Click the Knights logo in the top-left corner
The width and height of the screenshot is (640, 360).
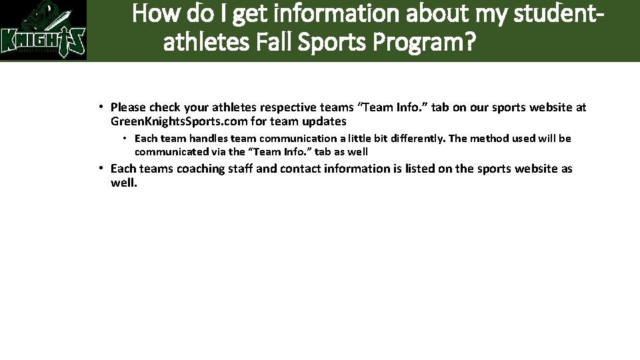coord(43,31)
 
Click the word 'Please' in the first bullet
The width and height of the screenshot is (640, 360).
coord(128,107)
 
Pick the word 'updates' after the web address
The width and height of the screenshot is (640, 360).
coord(324,121)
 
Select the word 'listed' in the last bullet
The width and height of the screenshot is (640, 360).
coord(421,169)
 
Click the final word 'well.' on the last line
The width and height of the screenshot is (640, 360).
coord(124,182)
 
